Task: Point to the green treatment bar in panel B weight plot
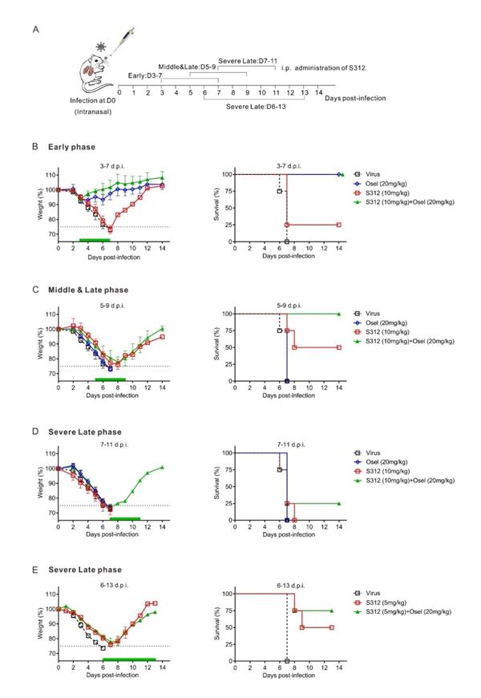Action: pos(94,240)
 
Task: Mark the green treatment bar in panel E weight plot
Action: pos(129,659)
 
